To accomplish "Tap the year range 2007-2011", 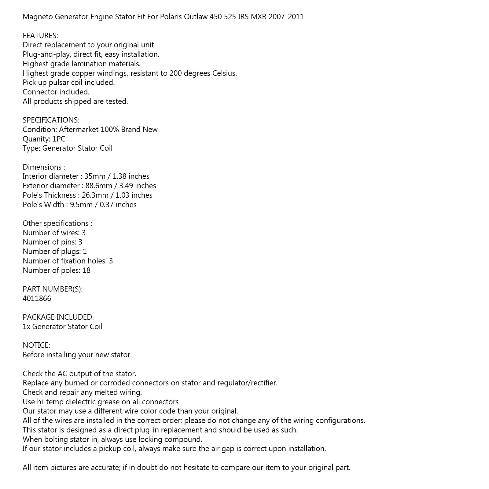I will [286, 17].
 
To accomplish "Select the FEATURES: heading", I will [40, 36].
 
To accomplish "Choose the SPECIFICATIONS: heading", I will [51, 120].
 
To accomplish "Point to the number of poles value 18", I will [86, 270].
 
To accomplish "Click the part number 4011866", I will [37, 299].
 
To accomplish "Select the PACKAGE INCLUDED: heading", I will [58, 317].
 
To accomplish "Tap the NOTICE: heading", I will [36, 345].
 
